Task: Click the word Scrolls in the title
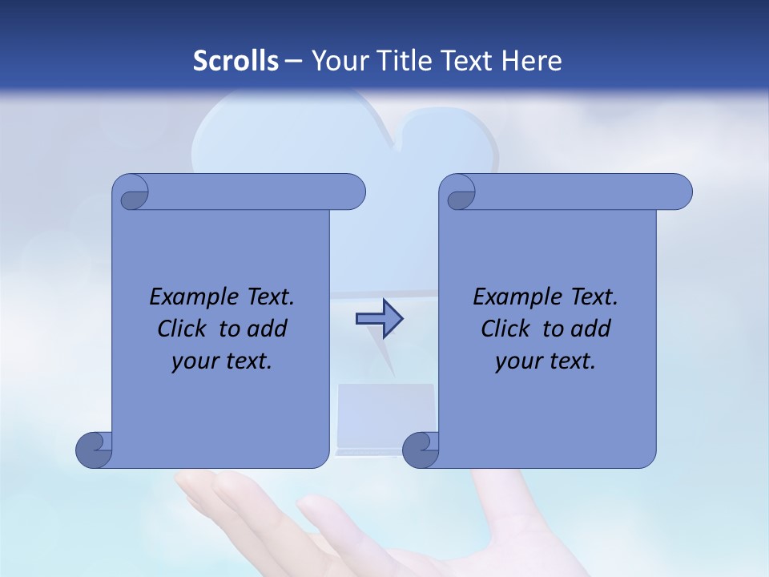(236, 61)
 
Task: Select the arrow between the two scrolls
(379, 319)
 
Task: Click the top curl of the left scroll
(133, 192)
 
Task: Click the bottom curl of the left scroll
(95, 450)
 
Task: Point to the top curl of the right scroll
(459, 192)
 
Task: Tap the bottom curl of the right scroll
(421, 450)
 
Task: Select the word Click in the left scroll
(183, 329)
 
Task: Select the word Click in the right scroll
(506, 329)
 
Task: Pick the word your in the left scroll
(195, 361)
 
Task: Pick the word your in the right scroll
(518, 361)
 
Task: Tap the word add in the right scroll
(590, 329)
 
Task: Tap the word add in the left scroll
(267, 329)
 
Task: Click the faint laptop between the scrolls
(386, 417)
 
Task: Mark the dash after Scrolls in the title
(293, 62)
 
